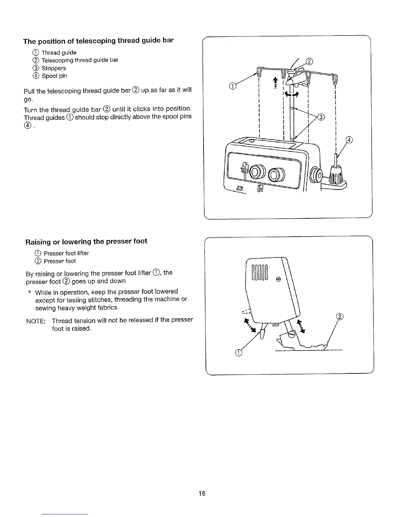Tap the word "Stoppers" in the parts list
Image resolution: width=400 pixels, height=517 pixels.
coord(54,68)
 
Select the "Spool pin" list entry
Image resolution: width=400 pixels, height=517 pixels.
coord(54,76)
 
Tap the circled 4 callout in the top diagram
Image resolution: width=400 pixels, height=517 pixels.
coord(349,140)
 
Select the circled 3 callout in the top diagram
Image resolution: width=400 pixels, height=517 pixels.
coord(321,117)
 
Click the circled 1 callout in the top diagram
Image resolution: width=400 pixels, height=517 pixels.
coord(232,86)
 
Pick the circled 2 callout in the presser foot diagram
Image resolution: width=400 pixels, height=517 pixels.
coord(340,316)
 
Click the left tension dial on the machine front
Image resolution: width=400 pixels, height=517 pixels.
coord(256,172)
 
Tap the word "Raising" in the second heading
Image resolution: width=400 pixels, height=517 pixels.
coord(38,242)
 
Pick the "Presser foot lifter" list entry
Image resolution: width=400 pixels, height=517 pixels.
coord(66,253)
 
